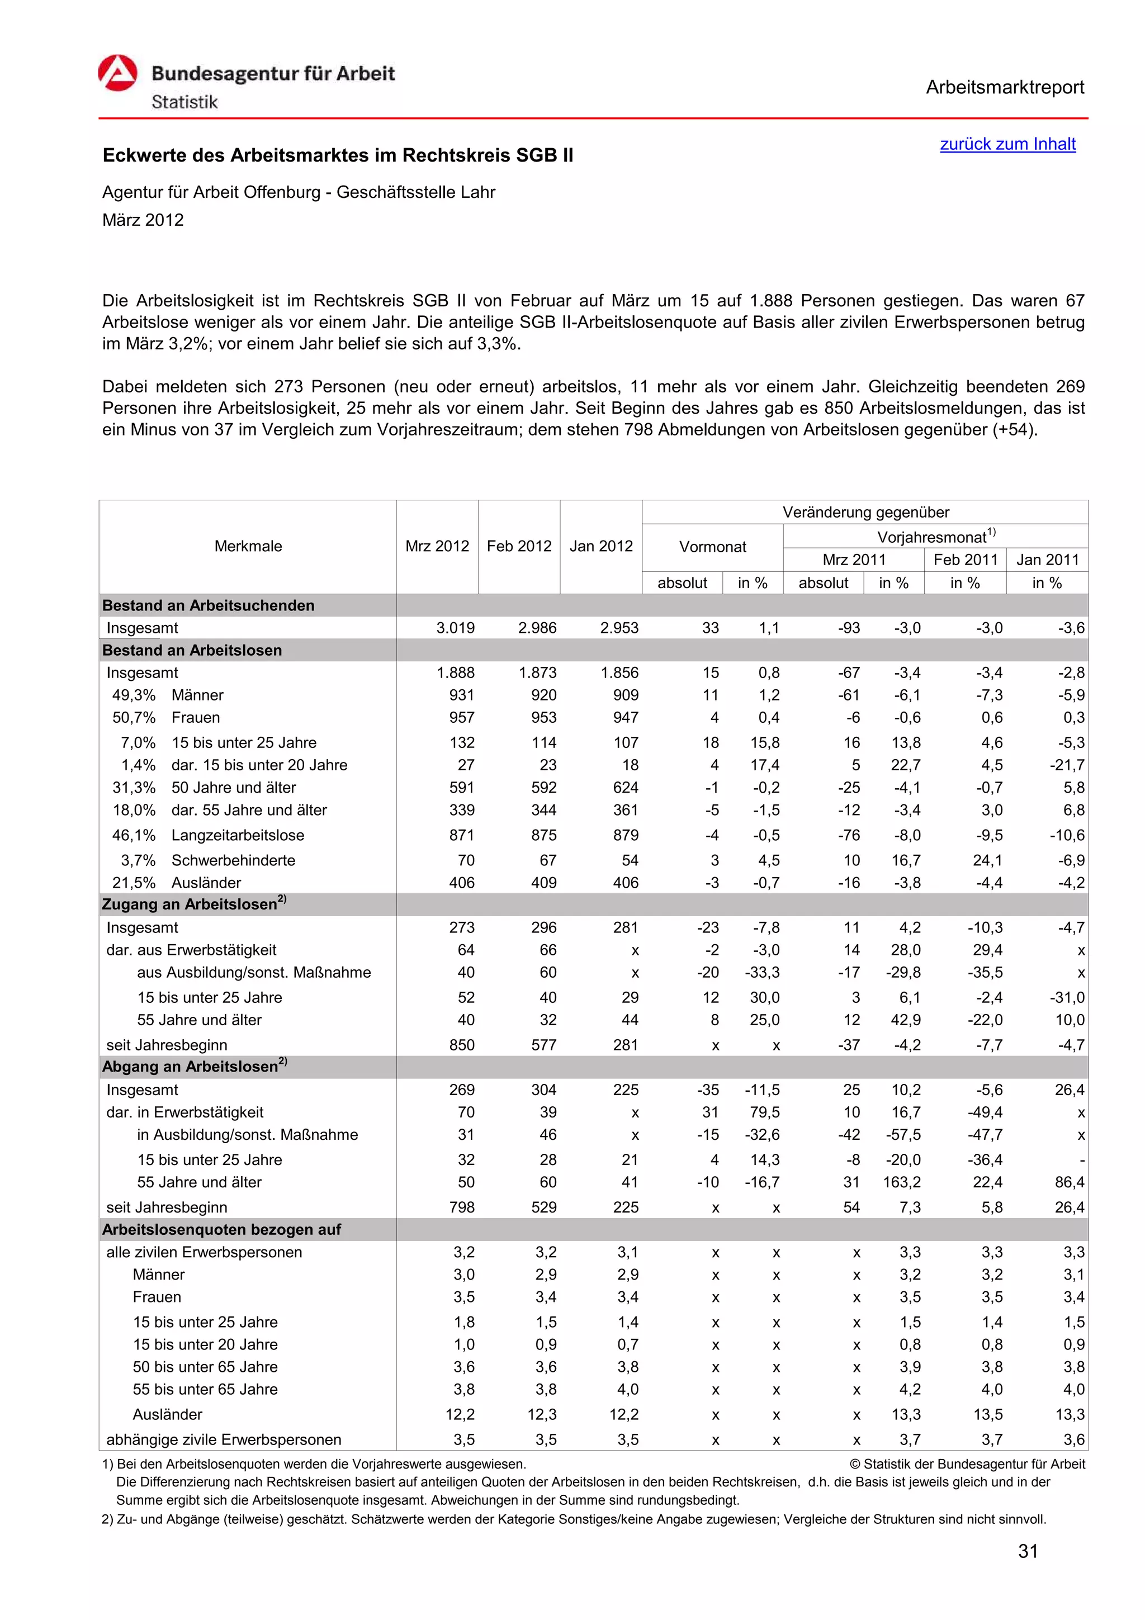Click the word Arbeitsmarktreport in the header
1005,88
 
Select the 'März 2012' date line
143,220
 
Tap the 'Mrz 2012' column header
437,546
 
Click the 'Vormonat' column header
712,547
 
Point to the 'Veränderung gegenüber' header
865,512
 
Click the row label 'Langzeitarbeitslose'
238,835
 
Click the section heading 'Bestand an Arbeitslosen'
192,651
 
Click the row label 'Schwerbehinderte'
233,860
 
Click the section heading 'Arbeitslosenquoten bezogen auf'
221,1229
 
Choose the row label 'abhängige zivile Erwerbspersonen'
224,1439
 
